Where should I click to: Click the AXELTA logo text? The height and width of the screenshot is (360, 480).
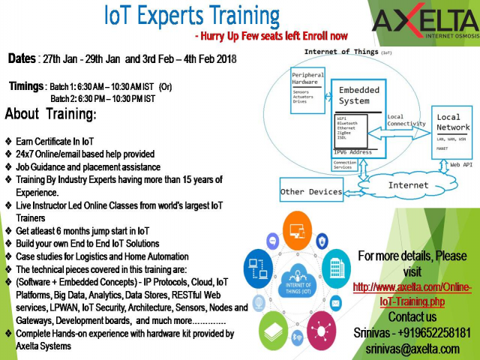424,22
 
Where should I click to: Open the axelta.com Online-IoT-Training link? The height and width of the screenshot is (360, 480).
412,294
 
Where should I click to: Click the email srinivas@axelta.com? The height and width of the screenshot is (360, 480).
412,349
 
